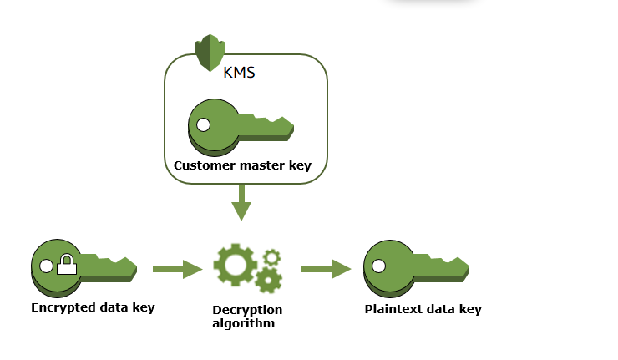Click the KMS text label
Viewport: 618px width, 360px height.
coord(239,72)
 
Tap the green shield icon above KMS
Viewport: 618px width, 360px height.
coord(210,53)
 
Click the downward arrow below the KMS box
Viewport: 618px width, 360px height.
coord(241,203)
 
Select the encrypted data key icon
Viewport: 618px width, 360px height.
coord(83,267)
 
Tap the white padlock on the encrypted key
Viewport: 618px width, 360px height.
coord(66,267)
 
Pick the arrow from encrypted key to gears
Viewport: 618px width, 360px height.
coord(177,269)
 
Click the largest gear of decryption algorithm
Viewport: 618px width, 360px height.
coord(234,265)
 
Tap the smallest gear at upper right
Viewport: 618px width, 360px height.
coord(271,257)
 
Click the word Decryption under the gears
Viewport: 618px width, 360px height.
coord(247,310)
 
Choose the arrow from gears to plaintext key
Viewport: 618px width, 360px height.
coord(326,269)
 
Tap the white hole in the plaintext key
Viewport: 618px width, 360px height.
coord(378,266)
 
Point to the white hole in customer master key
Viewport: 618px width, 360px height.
coord(203,126)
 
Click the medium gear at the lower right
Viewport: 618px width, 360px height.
coord(268,280)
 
